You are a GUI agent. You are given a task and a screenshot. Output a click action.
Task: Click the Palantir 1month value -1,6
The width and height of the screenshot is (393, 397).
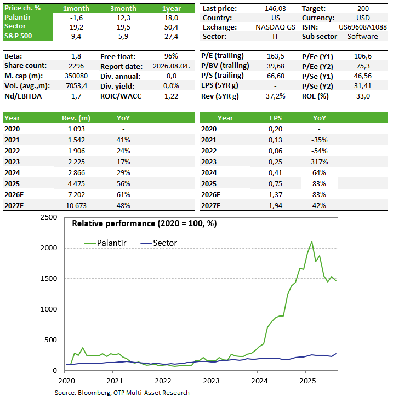76,18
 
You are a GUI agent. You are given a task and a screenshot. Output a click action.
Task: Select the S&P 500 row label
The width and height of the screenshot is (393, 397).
18,36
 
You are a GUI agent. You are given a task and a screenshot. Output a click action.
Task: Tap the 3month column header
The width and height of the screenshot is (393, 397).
123,9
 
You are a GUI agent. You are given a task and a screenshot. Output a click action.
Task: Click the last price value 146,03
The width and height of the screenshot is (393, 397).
275,9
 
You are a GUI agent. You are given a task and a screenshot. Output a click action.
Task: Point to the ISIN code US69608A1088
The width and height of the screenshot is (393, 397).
363,27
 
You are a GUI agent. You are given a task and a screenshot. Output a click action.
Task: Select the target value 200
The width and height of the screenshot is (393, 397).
363,9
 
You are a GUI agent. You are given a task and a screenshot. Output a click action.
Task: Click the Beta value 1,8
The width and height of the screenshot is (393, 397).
76,56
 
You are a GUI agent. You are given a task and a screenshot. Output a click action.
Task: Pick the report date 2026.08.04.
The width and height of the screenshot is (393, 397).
172,66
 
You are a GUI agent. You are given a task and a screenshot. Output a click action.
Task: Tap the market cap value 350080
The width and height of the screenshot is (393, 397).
76,76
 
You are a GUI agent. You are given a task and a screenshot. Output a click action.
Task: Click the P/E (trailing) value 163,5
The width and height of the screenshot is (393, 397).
276,56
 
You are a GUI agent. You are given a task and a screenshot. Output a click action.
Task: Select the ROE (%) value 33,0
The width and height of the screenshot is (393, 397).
363,96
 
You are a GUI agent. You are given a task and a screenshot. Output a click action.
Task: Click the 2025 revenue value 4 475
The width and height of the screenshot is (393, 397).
76,184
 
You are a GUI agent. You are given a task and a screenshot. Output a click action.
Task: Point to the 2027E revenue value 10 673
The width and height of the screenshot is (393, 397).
76,205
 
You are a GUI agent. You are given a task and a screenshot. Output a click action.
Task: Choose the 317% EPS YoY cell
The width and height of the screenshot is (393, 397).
319,162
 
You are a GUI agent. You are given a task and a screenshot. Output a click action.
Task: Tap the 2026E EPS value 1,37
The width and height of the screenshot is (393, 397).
276,195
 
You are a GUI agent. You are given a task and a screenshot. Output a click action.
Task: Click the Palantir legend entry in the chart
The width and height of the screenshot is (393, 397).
105,243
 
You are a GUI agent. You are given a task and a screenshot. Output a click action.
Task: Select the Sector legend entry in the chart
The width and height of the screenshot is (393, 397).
158,243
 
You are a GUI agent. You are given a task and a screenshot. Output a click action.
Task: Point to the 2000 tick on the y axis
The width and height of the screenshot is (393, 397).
49,248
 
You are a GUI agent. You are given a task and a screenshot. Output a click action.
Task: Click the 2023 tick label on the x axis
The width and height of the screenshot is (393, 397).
211,381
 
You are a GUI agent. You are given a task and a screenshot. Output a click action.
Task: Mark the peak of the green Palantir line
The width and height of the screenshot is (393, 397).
312,241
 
